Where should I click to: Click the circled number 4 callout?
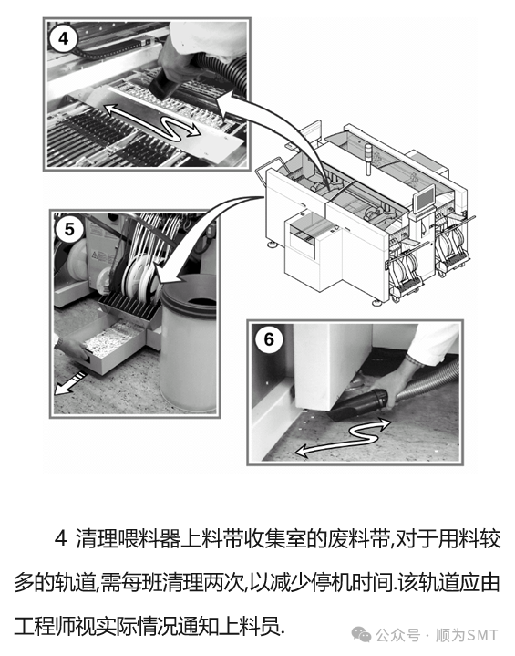point(63,38)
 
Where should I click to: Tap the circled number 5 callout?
point(69,229)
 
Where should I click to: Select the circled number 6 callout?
point(269,339)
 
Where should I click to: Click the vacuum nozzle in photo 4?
point(164,86)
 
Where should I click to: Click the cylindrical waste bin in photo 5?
point(189,341)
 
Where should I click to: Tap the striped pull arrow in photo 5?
point(70,383)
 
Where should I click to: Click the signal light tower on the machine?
point(368,161)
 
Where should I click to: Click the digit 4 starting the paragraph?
point(61,538)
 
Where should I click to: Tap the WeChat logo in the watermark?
point(361,635)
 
